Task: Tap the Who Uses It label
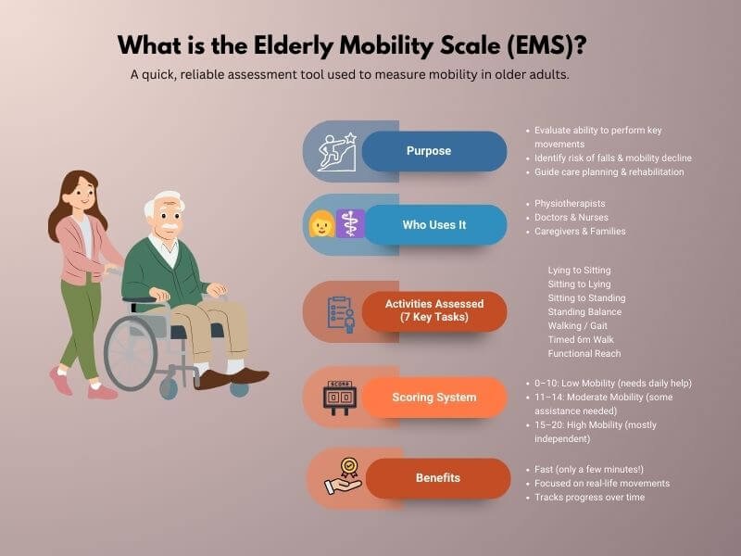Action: tap(433, 225)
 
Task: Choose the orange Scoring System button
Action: tap(433, 398)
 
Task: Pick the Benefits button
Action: tap(437, 478)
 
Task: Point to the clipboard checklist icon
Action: tap(339, 312)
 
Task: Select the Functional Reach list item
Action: tap(584, 353)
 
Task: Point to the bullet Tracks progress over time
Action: tap(589, 498)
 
